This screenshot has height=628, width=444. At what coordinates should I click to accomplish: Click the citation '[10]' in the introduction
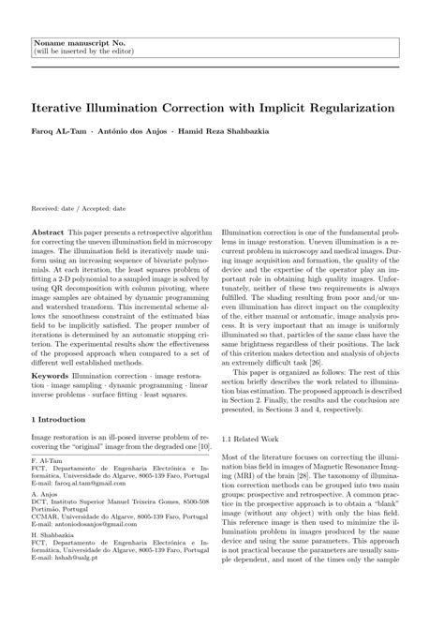[201, 451]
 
